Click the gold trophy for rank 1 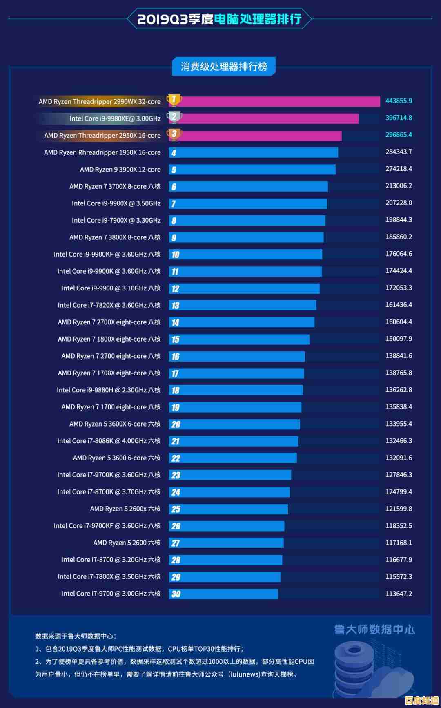tap(174, 100)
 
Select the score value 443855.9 tap(399, 101)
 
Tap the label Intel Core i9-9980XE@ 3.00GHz tap(115, 118)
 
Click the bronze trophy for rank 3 tap(174, 134)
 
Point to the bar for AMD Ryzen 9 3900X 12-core tap(252, 170)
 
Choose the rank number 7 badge tap(174, 204)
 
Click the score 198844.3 tap(399, 220)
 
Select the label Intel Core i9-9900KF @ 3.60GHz tap(107, 254)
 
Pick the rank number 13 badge tap(175, 306)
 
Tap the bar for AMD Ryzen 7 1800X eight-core tap(239, 339)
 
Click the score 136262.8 tap(399, 390)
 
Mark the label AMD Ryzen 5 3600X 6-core tap(115, 424)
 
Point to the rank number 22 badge tap(176, 458)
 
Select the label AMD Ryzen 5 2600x tap(125, 509)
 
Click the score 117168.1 tap(399, 543)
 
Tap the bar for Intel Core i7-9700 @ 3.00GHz tap(223, 594)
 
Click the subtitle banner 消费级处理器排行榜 tap(224, 67)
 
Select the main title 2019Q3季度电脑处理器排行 tap(219, 19)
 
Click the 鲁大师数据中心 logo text tap(374, 630)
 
